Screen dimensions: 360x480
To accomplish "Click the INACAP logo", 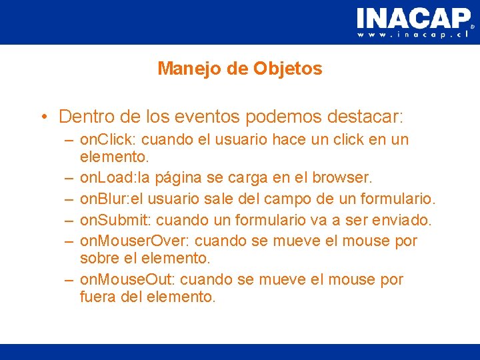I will point(413,18).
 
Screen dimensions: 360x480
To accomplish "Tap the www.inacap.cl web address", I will point(413,34).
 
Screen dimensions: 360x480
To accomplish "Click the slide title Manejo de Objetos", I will point(240,69).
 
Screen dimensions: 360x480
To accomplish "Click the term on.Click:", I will point(108,140).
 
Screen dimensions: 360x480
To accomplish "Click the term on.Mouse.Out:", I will point(127,279).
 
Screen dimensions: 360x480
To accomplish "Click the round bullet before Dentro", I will point(43,117).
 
